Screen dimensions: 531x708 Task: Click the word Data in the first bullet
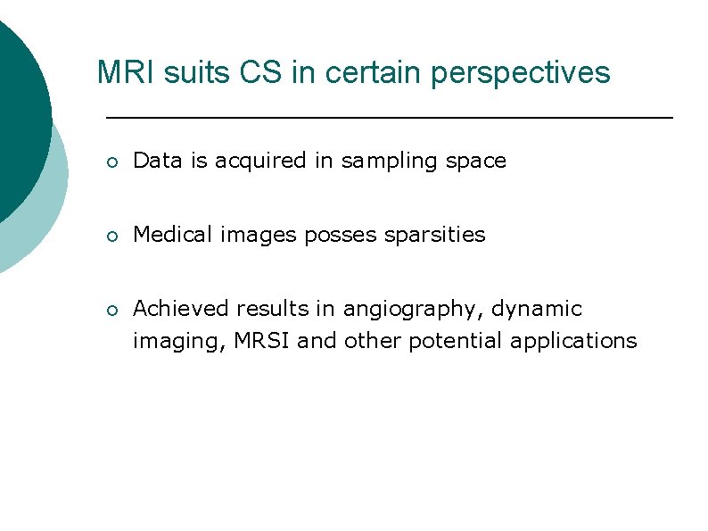(157, 161)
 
